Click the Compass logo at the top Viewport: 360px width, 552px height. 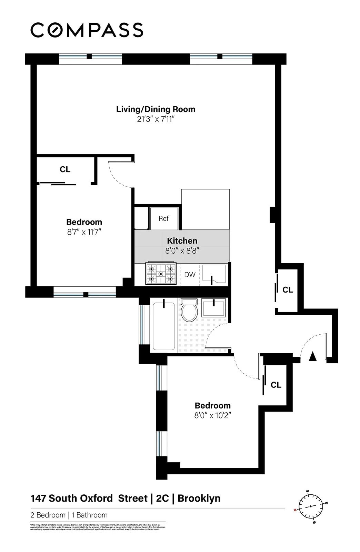click(87, 30)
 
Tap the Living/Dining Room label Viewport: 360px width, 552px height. click(156, 109)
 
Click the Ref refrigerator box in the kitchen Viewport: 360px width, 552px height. click(164, 218)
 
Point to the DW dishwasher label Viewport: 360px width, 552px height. click(190, 275)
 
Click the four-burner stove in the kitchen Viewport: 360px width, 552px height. click(161, 274)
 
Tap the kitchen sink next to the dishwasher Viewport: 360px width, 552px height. click(214, 274)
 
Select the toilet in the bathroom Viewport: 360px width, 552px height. click(189, 309)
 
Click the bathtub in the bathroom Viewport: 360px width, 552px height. click(164, 326)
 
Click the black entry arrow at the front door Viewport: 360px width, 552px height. click(312, 356)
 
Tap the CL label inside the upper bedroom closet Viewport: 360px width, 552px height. click(65, 169)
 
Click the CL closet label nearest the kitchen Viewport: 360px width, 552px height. click(288, 290)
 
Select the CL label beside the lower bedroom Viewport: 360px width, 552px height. click(276, 385)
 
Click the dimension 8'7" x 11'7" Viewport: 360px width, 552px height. click(84, 232)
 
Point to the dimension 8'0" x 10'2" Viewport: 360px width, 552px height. click(212, 415)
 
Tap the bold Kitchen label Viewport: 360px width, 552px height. click(182, 241)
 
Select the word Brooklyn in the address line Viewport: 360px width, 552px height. click(199, 498)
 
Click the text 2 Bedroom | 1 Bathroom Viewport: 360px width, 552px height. click(69, 515)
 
